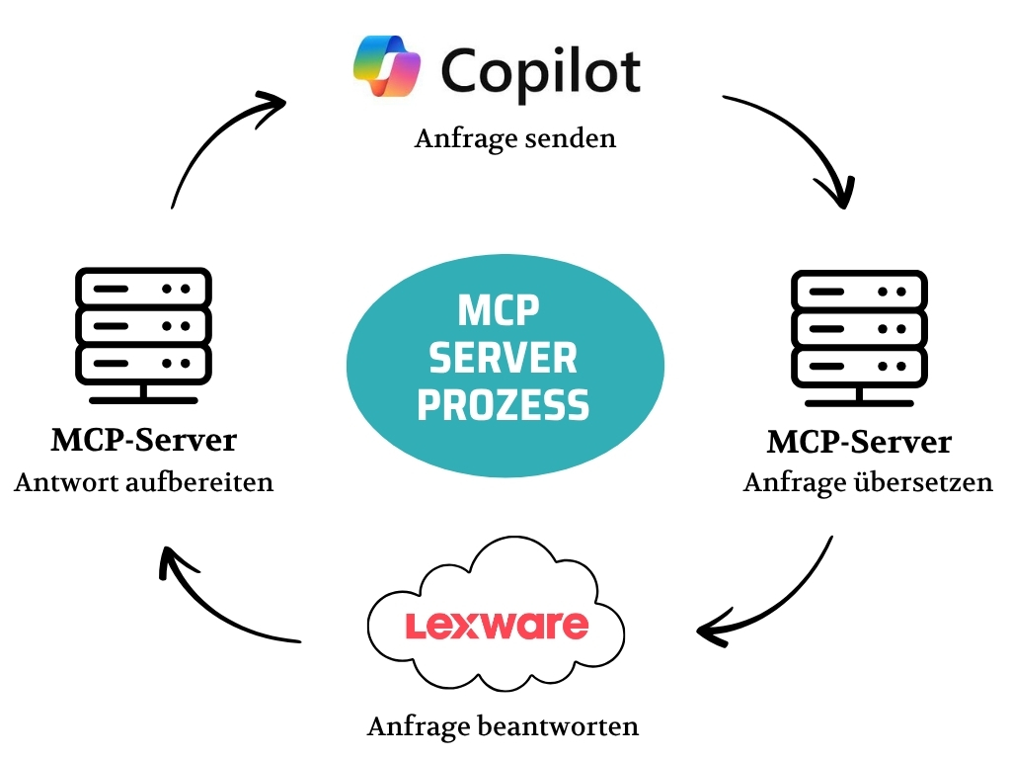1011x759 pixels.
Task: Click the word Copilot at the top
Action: (x=540, y=70)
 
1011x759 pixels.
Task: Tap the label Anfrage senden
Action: (x=514, y=137)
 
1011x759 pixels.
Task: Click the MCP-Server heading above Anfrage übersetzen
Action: (x=859, y=441)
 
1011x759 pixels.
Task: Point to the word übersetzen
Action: (x=934, y=483)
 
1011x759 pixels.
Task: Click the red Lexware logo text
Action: (x=497, y=625)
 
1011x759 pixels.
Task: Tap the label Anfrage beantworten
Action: (x=503, y=726)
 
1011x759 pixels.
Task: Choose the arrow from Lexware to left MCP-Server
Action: (x=217, y=603)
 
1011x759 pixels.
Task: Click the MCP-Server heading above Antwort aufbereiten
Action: (x=144, y=439)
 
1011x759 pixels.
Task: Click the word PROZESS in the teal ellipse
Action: (x=504, y=404)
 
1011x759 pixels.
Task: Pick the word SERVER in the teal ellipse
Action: (x=504, y=358)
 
